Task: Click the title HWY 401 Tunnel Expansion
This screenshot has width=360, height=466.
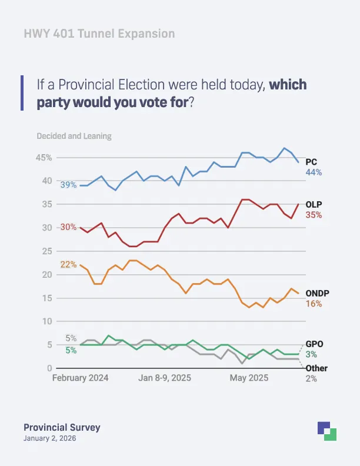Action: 99,34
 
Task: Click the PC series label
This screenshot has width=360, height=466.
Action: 312,161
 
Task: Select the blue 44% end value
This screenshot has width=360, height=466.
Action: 314,172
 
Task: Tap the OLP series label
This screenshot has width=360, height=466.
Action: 314,204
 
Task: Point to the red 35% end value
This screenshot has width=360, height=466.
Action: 314,215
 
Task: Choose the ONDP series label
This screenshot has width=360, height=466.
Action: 317,292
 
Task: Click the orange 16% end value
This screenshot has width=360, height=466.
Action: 314,304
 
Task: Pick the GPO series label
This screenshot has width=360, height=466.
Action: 314,344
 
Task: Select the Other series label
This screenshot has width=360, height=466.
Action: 316,368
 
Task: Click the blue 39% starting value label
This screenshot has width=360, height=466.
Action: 68,185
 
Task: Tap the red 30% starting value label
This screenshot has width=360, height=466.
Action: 68,227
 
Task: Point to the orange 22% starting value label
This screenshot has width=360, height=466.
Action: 68,264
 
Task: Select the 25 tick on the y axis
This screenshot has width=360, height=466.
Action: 46,251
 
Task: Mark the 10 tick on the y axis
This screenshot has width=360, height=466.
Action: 46,321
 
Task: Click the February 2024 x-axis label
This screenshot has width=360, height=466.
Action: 80,378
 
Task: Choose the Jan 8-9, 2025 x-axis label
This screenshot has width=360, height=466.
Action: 164,378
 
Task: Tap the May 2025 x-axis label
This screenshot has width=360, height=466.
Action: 248,378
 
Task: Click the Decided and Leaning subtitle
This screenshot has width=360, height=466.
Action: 74,136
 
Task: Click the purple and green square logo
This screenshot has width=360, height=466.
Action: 326,431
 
